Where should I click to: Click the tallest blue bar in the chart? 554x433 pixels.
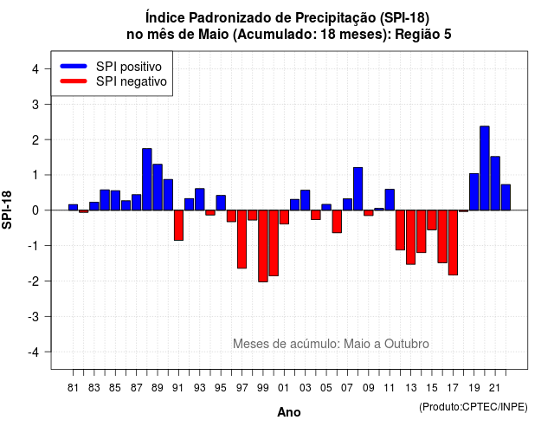pos(485,168)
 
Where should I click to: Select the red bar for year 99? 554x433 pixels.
pos(263,246)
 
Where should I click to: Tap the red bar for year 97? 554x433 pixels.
pos(242,239)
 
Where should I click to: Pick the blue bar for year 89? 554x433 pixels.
pos(158,187)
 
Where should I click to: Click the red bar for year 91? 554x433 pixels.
pos(178,225)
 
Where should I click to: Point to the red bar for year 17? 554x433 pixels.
pos(453,242)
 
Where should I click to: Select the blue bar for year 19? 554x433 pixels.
pos(473,192)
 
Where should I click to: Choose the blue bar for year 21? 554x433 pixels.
pos(495,184)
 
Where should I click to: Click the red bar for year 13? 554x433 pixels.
pos(410,237)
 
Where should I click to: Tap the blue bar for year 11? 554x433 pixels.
pos(390,200)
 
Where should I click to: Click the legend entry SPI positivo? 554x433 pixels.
pos(129,67)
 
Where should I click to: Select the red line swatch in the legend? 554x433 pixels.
pos(74,81)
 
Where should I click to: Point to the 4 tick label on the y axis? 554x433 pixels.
pos(35,69)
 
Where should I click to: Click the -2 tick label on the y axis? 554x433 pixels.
pos(34,281)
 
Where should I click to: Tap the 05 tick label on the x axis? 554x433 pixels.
pos(326,388)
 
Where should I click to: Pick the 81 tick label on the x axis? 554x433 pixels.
pos(73,388)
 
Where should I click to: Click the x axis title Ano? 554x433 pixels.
pos(289,412)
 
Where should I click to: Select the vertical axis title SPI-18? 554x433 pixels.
pos(7,210)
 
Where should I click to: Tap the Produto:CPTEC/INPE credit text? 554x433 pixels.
pos(473,407)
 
